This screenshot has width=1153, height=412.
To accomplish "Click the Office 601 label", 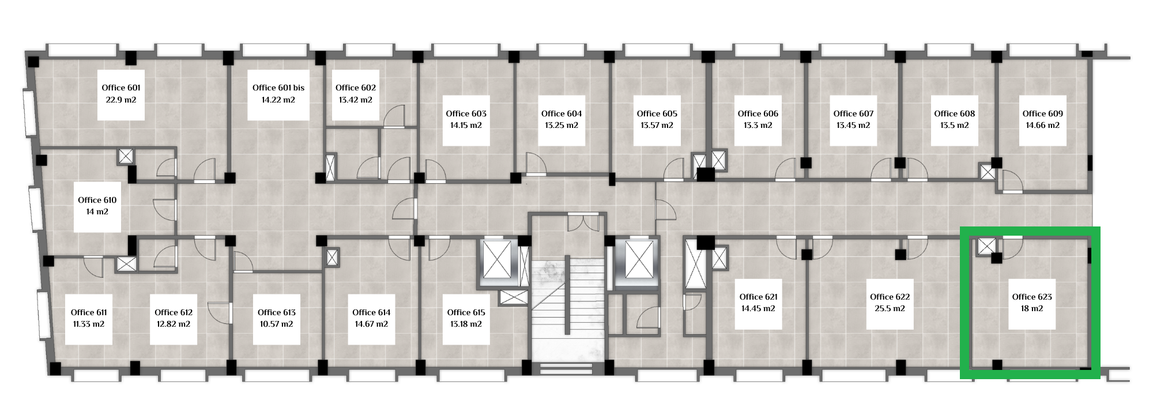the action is coord(121,88).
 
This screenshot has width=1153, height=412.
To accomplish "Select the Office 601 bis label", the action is coord(278,88).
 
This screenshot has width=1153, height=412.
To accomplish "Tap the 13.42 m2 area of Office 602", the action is coord(356,100).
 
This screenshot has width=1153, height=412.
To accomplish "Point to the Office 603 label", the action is coord(466,114).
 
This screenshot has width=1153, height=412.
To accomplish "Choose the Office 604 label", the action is coord(562,114).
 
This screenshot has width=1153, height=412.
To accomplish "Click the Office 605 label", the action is coord(657,114).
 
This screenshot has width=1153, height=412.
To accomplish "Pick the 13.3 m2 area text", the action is coord(758,125).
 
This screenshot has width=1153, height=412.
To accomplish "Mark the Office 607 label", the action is coord(854,114).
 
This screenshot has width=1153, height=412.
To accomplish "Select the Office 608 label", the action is coord(955,114).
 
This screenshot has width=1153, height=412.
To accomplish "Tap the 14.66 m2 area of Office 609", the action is coord(1043,125).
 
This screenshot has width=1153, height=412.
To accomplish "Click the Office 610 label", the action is coord(97,200).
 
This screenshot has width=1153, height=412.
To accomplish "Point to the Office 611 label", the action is coord(89,312).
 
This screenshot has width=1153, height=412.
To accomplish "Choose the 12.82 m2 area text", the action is coord(174,324).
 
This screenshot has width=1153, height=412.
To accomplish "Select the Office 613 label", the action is coord(277,312).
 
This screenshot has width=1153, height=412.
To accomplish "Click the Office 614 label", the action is coord(372,312).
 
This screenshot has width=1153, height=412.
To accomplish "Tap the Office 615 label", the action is coord(466,312).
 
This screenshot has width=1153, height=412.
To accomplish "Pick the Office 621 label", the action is coord(759,297).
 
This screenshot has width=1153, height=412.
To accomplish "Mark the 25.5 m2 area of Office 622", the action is coord(890,308).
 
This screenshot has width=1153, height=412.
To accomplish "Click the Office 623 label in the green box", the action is coord(1032,297).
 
